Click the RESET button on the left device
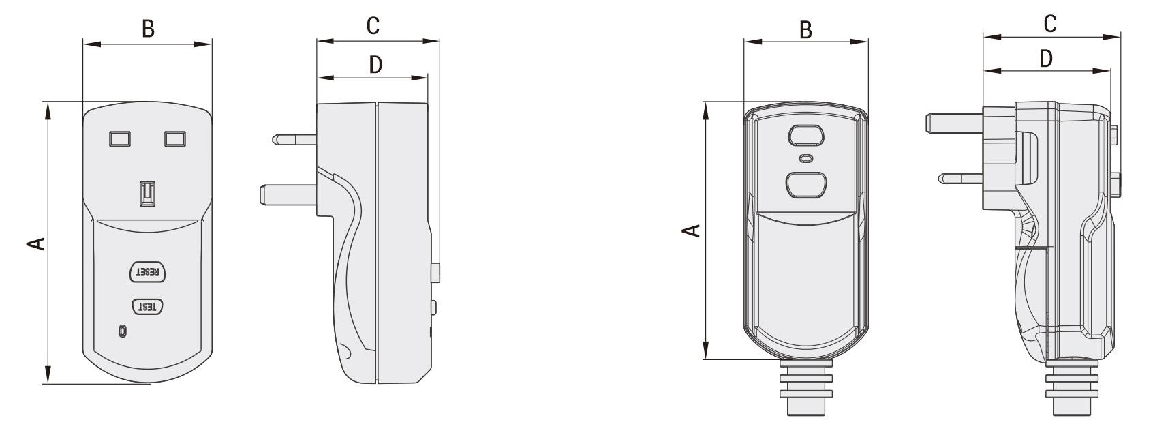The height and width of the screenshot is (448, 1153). point(147,271)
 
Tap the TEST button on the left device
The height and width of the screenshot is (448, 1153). point(147,307)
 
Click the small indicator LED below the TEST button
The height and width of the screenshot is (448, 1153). point(122,331)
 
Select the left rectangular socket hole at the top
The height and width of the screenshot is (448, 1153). point(120,138)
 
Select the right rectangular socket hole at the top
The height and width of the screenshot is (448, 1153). point(175,138)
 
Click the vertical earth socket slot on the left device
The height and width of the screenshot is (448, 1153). point(147,193)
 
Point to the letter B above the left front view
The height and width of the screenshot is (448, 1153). point(147,29)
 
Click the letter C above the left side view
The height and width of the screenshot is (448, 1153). point(372,26)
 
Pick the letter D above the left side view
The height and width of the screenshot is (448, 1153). point(375,64)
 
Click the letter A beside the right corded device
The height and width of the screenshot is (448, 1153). point(692,230)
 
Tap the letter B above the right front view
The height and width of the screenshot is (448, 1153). point(805,30)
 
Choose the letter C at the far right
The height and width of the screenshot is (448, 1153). point(1049,23)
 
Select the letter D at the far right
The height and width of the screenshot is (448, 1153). point(1046,59)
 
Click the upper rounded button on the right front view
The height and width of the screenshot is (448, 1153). point(806,135)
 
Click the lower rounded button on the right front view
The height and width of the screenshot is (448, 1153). point(806,184)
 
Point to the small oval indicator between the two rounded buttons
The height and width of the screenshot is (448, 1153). point(806,159)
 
